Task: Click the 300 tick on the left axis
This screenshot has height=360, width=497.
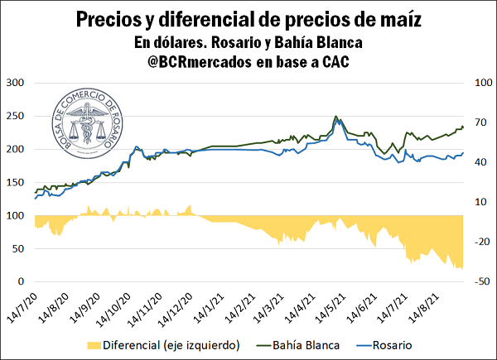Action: (x=15, y=83)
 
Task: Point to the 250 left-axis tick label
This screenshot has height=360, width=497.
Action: (x=15, y=116)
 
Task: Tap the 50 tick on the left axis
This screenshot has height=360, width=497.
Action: (x=18, y=248)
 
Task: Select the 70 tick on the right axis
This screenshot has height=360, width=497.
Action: (x=480, y=122)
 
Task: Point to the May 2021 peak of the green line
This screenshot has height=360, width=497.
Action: (x=335, y=117)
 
